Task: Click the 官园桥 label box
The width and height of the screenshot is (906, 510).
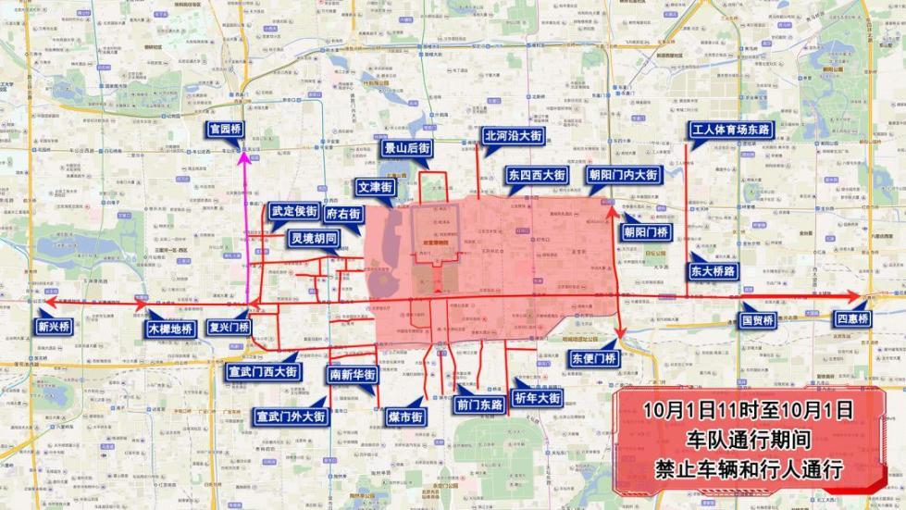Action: (225, 130)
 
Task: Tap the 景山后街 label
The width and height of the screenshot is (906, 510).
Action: (406, 148)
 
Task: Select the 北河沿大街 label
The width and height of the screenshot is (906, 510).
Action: (512, 135)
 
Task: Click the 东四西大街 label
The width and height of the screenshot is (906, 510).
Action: (537, 174)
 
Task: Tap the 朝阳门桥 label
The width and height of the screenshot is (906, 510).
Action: (647, 231)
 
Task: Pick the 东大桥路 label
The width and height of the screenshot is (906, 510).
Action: (713, 271)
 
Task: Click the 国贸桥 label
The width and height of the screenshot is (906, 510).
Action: (756, 320)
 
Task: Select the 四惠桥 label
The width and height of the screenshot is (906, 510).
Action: (850, 320)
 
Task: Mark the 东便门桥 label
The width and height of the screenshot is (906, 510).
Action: (592, 358)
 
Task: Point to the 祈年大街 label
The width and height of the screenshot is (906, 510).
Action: (536, 398)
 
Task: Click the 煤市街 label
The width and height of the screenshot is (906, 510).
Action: (404, 417)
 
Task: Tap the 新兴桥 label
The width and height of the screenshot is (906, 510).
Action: (54, 326)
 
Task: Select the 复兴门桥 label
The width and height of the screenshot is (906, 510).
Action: (229, 327)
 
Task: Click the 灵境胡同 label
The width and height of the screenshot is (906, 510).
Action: (313, 239)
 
